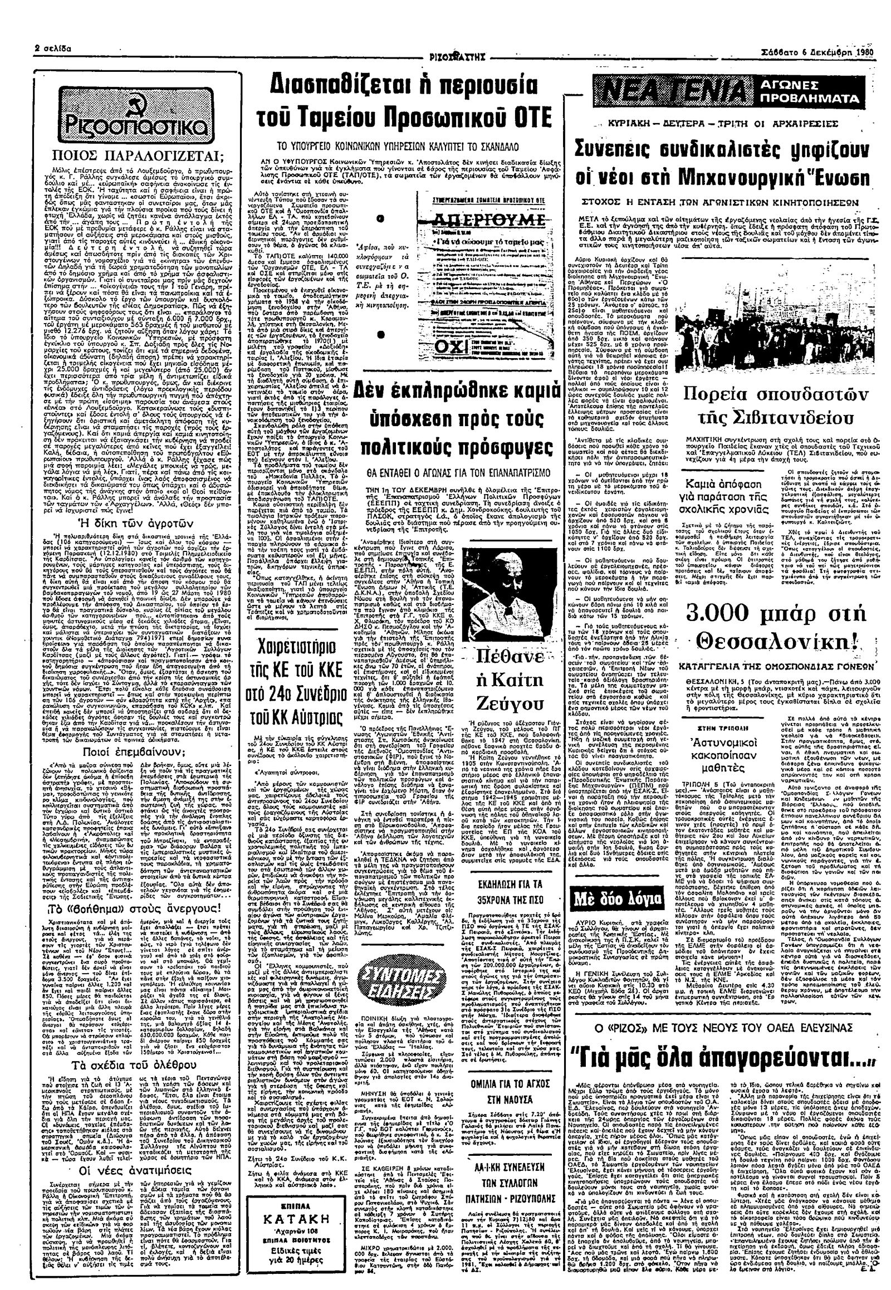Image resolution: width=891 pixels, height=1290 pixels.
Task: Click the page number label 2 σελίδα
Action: [x=53, y=48]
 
